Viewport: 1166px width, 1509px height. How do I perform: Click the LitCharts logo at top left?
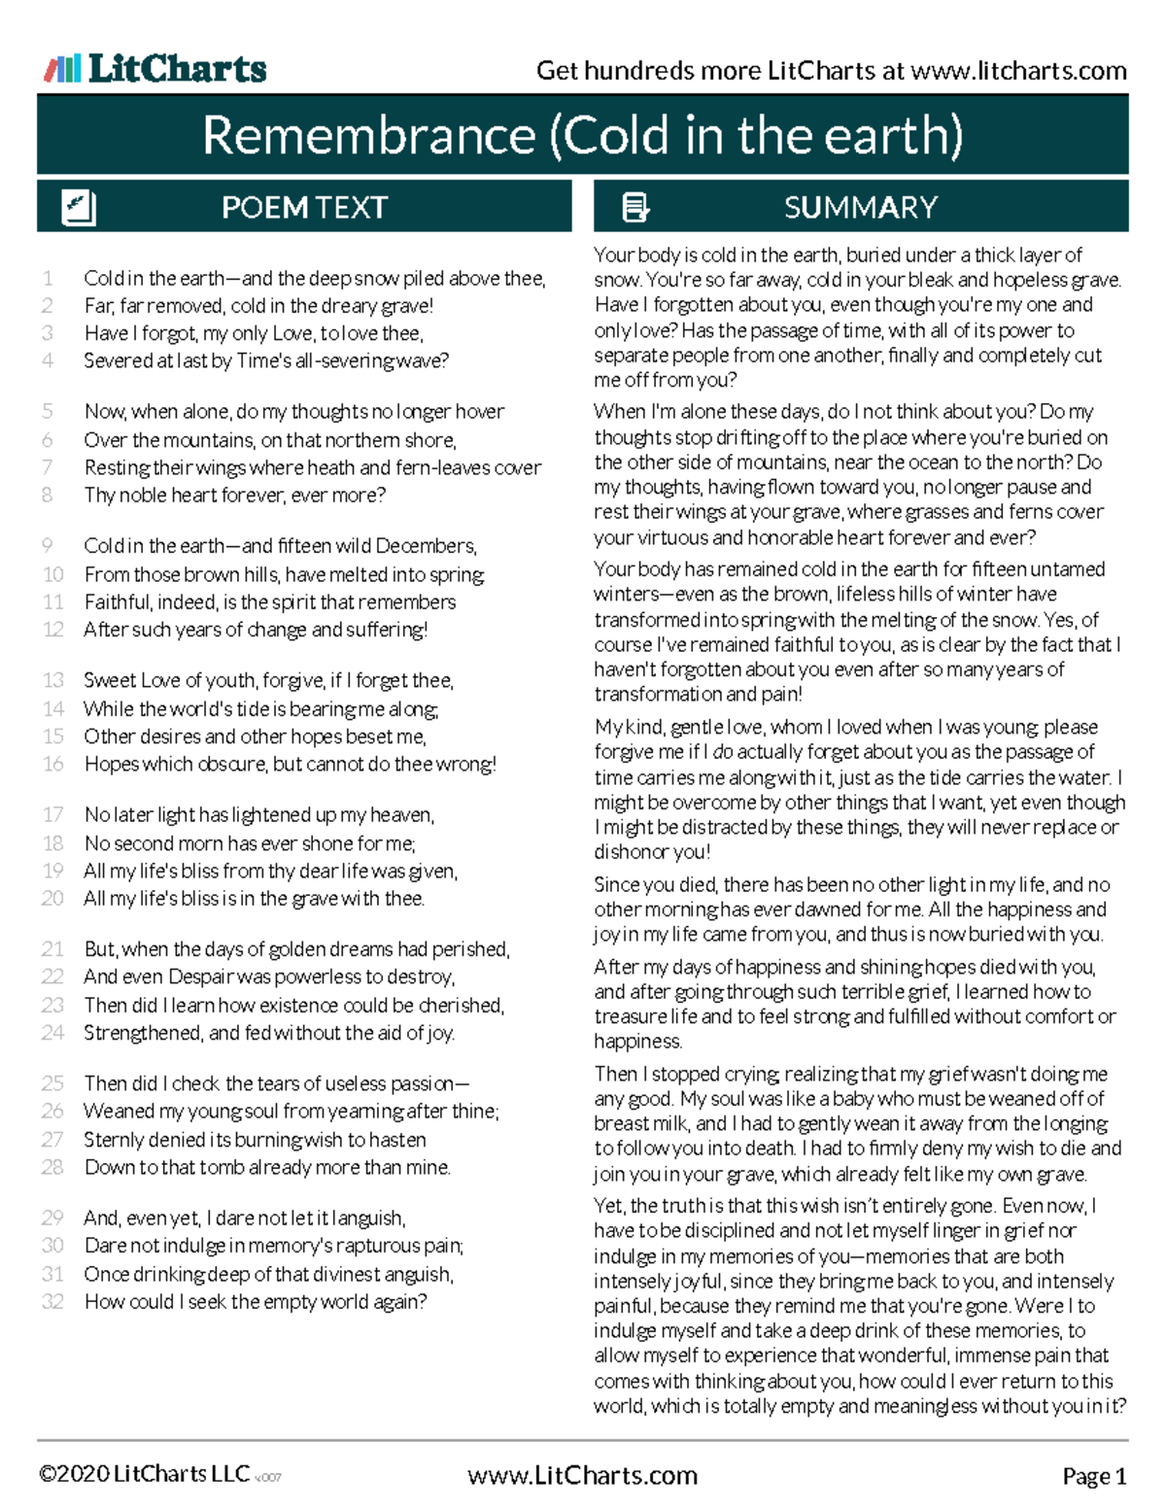click(155, 69)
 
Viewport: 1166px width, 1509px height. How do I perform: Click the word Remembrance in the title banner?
click(368, 135)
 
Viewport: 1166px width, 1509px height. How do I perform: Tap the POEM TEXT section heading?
click(304, 208)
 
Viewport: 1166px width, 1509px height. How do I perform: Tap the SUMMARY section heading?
click(860, 208)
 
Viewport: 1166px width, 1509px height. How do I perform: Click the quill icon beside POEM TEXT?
click(78, 208)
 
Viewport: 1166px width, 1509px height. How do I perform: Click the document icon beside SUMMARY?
click(635, 208)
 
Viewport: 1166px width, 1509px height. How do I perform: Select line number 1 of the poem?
click(48, 279)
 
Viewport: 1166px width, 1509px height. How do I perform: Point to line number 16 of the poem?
click(52, 765)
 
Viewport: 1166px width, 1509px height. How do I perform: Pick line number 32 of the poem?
click(52, 1302)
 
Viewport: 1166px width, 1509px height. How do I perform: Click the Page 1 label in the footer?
click(1094, 1477)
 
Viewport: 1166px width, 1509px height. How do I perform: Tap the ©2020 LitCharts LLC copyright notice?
click(144, 1475)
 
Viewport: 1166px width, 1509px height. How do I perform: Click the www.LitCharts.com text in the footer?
click(582, 1476)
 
